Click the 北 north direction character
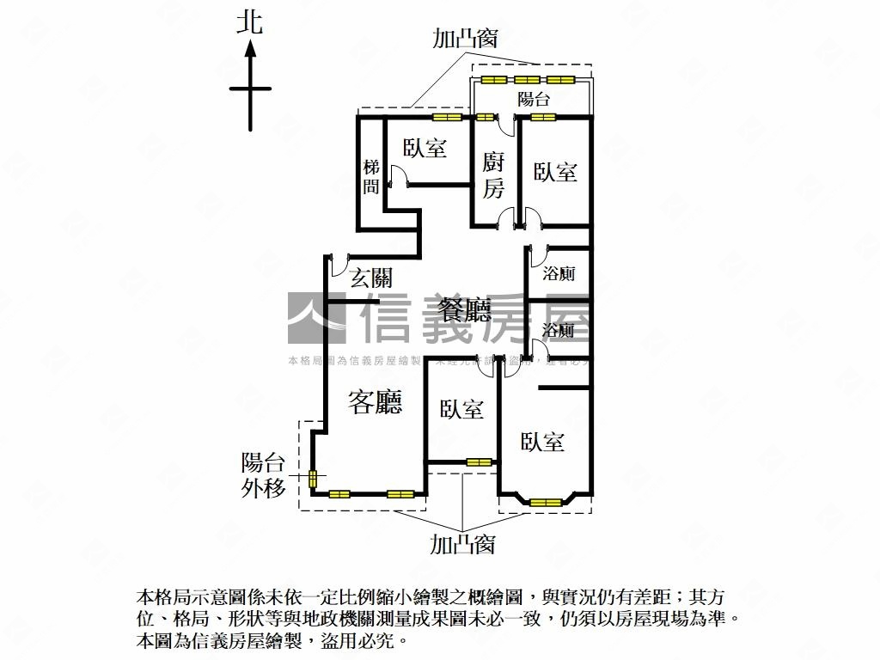tap(250, 22)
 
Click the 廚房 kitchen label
tap(492, 174)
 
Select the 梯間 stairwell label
tap(370, 177)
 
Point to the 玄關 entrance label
tap(371, 278)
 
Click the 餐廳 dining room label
tap(464, 309)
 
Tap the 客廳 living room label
tap(375, 401)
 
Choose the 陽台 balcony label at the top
tap(533, 99)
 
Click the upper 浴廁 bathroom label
tap(559, 274)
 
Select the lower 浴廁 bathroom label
tap(559, 330)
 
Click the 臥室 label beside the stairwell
tap(425, 148)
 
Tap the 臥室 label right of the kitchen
tap(555, 171)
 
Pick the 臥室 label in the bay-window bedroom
tap(543, 442)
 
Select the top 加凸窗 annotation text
tap(465, 39)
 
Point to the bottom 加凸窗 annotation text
tap(462, 544)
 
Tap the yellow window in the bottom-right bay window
tap(546, 502)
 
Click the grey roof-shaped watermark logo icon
tap(315, 317)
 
